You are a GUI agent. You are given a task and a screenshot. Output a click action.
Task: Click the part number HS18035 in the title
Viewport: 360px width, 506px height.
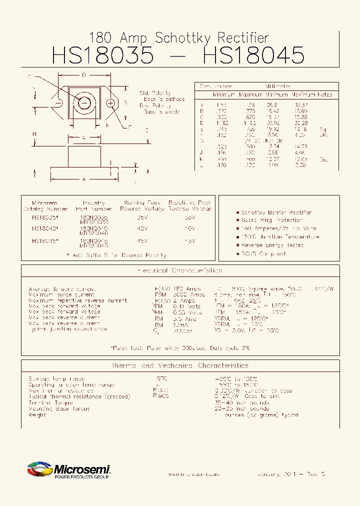tap(102, 55)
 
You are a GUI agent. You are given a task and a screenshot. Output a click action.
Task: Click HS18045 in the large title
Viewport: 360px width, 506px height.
tap(254, 55)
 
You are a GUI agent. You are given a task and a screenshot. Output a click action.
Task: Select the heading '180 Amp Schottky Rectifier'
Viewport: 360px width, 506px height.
tap(178, 37)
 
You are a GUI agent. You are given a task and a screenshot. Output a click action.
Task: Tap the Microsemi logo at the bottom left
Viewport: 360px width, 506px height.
tap(68, 470)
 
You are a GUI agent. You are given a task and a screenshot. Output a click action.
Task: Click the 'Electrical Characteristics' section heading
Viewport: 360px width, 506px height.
tap(179, 270)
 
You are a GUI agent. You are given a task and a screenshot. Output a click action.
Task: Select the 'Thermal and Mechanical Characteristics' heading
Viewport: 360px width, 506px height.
tap(179, 365)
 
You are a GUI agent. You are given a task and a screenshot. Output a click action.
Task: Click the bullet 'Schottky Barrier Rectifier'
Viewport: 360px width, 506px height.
tap(276, 212)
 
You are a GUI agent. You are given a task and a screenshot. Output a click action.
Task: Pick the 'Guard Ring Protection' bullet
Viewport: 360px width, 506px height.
tap(271, 220)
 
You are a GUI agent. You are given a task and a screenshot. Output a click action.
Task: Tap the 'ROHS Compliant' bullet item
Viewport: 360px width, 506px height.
tap(263, 254)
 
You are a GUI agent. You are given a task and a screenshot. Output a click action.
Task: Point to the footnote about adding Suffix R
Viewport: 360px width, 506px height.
tap(117, 255)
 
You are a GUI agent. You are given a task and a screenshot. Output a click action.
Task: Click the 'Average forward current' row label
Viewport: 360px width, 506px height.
tap(62, 289)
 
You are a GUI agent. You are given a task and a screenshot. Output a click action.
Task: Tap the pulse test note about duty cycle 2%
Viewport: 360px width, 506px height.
tap(179, 347)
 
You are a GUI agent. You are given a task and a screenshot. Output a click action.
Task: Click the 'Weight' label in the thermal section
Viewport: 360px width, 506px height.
tap(37, 415)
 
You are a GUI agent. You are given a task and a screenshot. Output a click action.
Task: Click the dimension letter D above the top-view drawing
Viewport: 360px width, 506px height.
tap(84, 75)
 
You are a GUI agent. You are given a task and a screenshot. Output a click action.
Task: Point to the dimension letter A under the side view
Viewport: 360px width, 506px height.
tap(83, 178)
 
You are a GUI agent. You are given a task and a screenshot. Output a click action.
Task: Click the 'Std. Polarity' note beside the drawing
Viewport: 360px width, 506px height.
tap(155, 93)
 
